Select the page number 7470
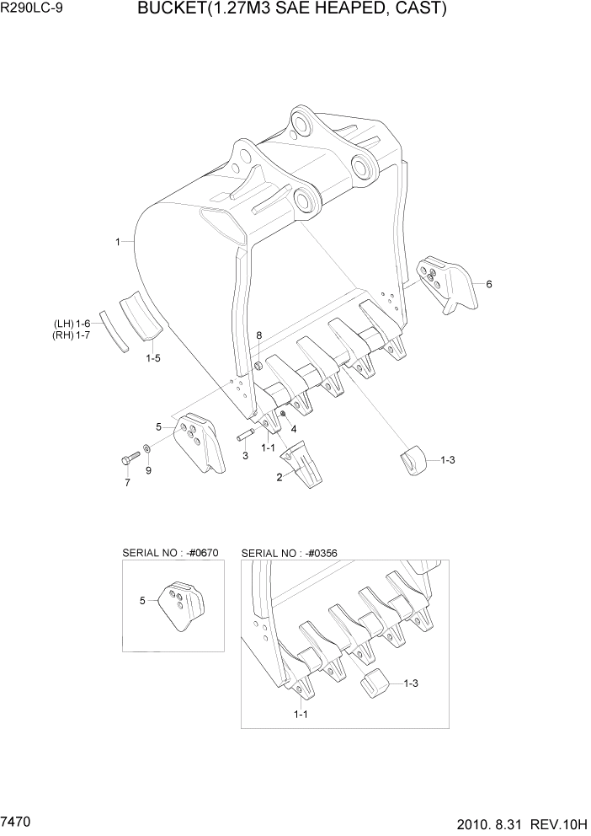pyautogui.click(x=18, y=819)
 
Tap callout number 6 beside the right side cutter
pyautogui.click(x=488, y=284)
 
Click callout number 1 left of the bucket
pyautogui.click(x=118, y=242)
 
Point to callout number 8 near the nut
pyautogui.click(x=258, y=335)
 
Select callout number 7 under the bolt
pyautogui.click(x=127, y=483)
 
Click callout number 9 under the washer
pyautogui.click(x=148, y=470)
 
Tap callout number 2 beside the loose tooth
pyautogui.click(x=279, y=478)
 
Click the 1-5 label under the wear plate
pyautogui.click(x=152, y=358)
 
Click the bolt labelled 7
pyautogui.click(x=129, y=458)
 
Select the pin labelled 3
pyautogui.click(x=246, y=436)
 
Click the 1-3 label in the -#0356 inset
pyautogui.click(x=411, y=683)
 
